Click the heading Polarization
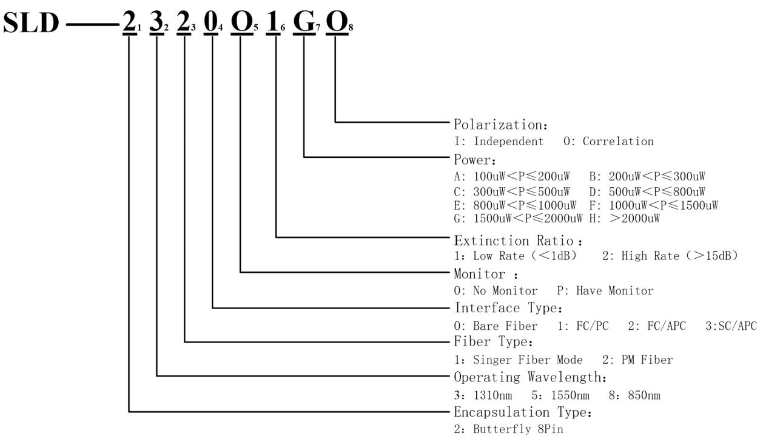tap(501, 125)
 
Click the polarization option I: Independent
tap(499, 142)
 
